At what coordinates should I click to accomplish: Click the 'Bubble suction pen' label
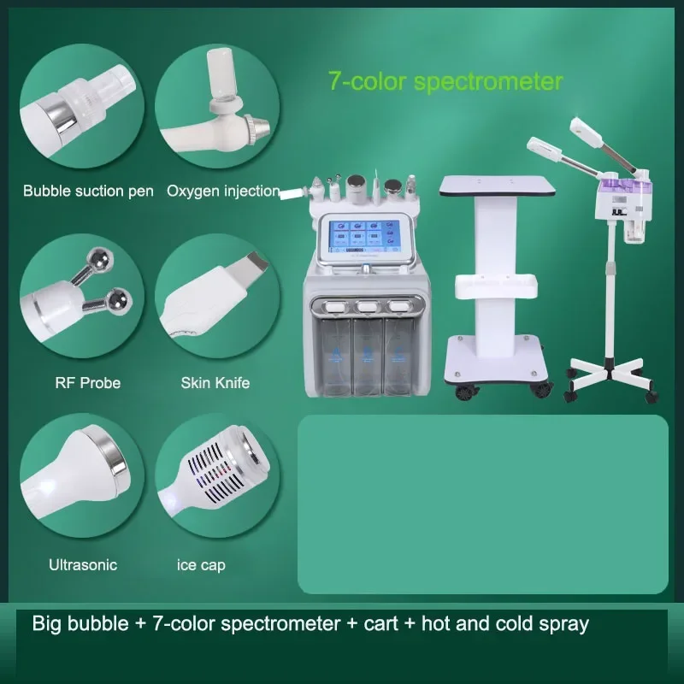click(88, 191)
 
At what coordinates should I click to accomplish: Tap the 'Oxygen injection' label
click(223, 191)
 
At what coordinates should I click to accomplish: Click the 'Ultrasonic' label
click(82, 564)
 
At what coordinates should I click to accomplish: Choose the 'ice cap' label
click(201, 564)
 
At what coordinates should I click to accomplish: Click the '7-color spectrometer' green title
click(445, 81)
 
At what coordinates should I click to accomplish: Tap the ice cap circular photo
click(218, 483)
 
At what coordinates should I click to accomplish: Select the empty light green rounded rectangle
click(482, 504)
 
